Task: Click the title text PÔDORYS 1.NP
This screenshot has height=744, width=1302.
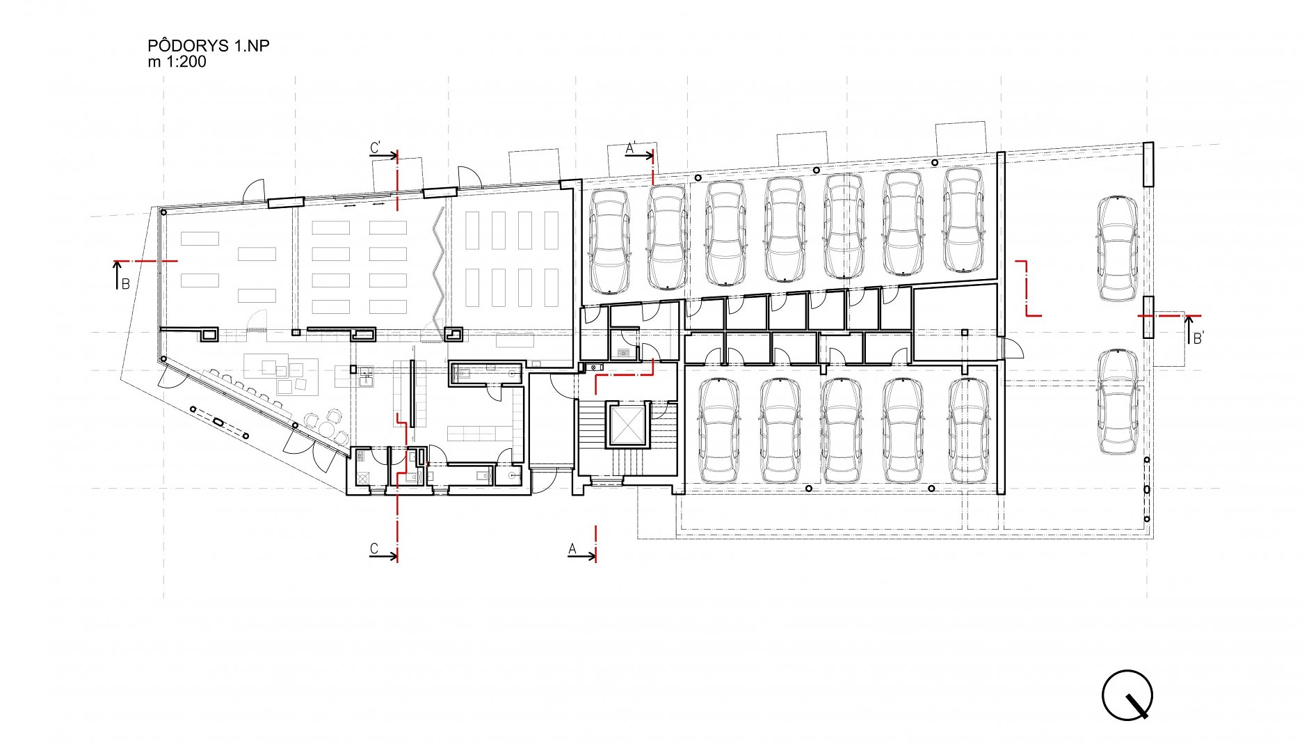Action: tap(209, 46)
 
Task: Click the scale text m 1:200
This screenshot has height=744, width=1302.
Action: tap(177, 62)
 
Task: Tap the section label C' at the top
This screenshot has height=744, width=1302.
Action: tap(376, 148)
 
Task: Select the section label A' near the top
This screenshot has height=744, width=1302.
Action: tap(632, 148)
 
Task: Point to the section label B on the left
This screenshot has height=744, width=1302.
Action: tap(126, 284)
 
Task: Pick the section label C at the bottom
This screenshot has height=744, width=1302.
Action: tap(374, 549)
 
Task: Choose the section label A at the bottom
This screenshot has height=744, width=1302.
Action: tap(572, 549)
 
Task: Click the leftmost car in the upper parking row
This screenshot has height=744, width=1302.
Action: tap(609, 241)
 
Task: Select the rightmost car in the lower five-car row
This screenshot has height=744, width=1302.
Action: tap(969, 431)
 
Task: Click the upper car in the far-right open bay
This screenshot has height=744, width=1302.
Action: tap(1118, 248)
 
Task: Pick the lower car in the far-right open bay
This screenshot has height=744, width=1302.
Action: tap(1118, 402)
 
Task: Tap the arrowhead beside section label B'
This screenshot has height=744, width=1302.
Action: tap(1188, 320)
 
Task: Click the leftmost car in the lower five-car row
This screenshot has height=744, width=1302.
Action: tap(719, 431)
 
